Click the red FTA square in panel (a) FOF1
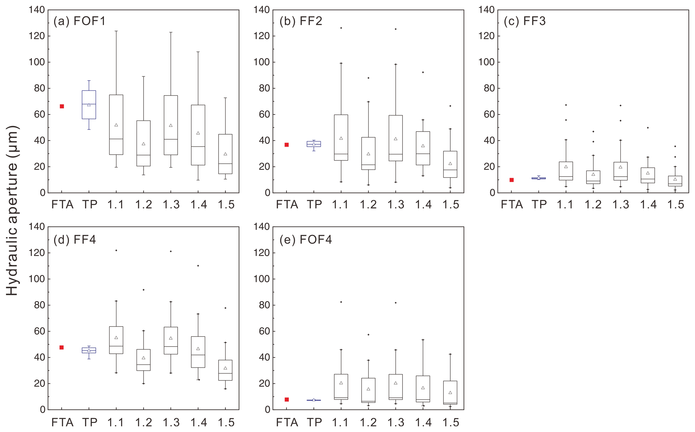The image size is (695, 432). (62, 106)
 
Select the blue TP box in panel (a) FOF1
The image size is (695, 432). (89, 105)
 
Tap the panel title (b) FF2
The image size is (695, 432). (301, 21)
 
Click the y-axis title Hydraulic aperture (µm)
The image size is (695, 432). (12, 210)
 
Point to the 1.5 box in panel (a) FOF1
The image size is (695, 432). (225, 154)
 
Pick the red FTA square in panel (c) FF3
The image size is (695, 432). (511, 180)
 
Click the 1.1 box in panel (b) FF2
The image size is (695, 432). (341, 137)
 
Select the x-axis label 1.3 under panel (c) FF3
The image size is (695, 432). (620, 205)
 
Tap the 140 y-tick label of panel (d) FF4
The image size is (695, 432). (37, 227)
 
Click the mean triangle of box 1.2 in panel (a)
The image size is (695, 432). (144, 144)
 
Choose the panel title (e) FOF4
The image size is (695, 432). (306, 240)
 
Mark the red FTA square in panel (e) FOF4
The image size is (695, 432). (287, 400)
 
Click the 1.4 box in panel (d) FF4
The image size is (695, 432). (198, 352)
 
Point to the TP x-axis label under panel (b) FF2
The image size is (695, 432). (314, 205)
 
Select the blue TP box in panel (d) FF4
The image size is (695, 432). (89, 350)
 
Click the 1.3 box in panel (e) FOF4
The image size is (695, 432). (395, 387)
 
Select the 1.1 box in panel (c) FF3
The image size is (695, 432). (566, 171)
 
